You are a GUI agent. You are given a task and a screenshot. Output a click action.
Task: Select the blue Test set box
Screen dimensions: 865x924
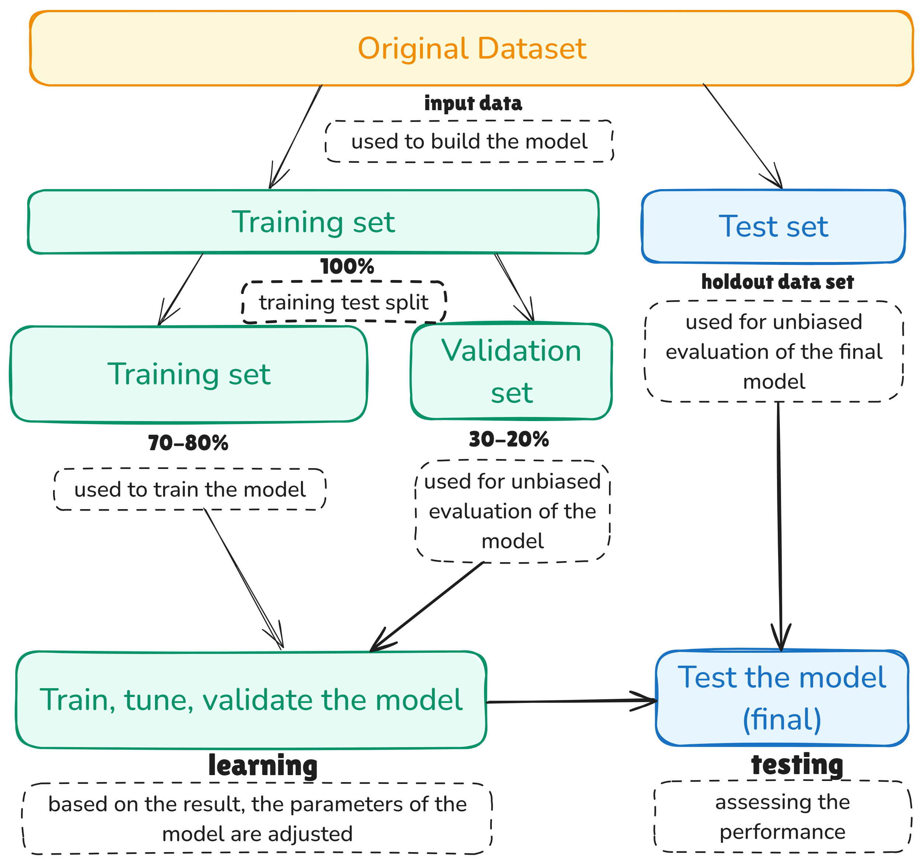[773, 226]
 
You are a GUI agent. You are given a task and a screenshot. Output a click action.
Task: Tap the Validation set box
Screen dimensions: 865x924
[511, 371]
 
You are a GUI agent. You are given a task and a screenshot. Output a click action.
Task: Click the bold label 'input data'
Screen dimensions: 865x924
[473, 103]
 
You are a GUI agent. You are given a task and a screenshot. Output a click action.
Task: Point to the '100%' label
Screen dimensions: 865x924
[347, 267]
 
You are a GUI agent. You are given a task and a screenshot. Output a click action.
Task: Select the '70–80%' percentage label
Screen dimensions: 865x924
[188, 443]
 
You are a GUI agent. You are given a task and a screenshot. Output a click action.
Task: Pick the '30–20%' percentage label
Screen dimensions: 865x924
[508, 439]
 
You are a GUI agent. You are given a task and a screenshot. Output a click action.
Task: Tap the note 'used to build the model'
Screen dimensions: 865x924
[469, 141]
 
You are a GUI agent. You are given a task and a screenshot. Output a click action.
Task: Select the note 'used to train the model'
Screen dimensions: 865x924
[190, 490]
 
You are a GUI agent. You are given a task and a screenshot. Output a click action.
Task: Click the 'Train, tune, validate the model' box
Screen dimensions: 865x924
[251, 700]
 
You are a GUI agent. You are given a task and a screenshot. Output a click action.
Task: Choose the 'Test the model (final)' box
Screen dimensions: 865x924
[782, 698]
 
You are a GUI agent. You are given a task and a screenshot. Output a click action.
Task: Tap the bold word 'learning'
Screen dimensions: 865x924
[263, 766]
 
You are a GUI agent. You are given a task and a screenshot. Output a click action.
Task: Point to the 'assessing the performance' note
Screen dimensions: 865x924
[782, 817]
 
